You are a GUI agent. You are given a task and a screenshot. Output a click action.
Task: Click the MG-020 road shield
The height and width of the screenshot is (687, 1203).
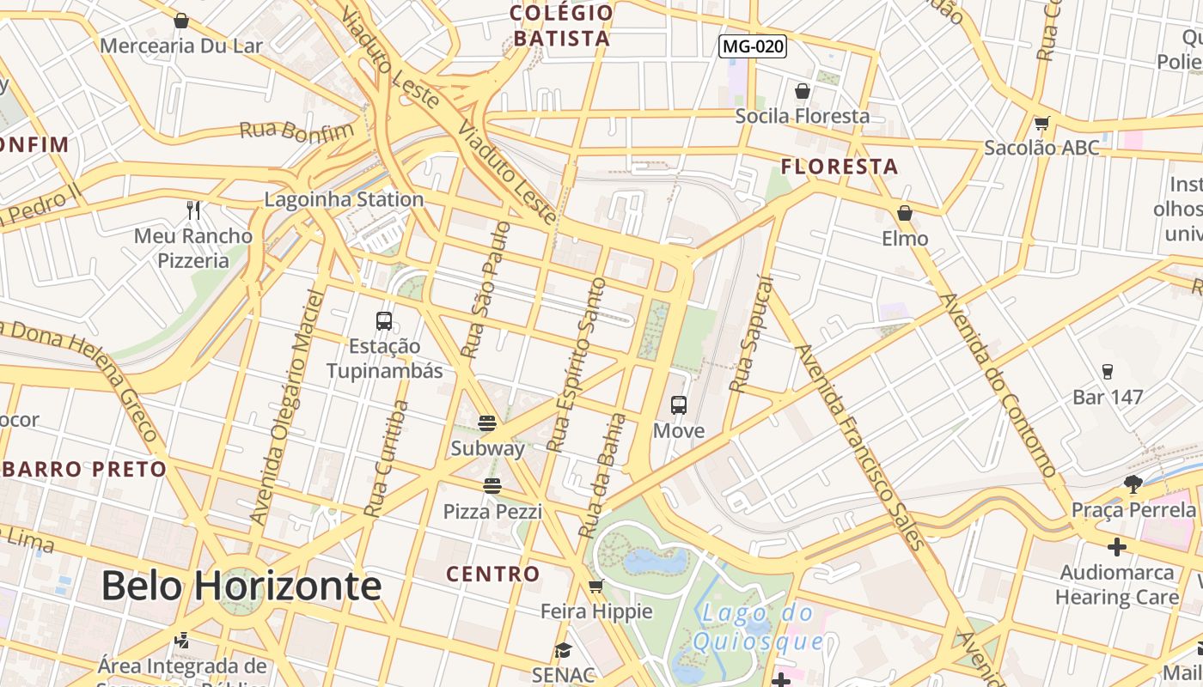click(x=753, y=46)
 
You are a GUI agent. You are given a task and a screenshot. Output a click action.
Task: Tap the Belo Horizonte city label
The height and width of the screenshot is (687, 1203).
click(x=241, y=586)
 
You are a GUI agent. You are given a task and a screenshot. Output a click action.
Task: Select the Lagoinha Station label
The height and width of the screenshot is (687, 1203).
click(x=344, y=199)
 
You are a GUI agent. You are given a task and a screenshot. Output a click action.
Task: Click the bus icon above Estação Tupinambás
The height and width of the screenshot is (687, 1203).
click(x=384, y=321)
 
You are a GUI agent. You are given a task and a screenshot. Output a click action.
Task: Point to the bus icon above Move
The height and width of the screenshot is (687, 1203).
click(x=679, y=404)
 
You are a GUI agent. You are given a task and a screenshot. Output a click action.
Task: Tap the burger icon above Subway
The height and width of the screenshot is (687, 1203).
click(x=487, y=423)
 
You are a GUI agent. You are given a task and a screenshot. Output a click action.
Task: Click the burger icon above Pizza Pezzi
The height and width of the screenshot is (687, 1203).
click(x=492, y=486)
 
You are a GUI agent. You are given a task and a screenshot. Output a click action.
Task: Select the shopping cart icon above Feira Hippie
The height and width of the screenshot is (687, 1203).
click(x=596, y=587)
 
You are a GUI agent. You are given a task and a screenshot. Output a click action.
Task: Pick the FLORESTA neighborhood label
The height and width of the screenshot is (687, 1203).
click(x=840, y=167)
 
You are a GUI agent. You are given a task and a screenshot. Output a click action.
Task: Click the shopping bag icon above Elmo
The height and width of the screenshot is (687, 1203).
click(x=905, y=213)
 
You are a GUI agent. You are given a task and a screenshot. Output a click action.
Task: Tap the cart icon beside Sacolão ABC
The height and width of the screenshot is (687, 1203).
click(x=1042, y=124)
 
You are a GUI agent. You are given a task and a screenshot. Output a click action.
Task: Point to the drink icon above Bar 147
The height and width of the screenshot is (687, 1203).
click(x=1107, y=372)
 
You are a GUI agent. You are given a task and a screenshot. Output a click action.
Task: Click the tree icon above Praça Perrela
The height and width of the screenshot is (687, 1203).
click(x=1133, y=484)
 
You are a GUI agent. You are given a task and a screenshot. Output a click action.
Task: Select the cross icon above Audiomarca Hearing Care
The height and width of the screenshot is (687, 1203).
click(x=1116, y=546)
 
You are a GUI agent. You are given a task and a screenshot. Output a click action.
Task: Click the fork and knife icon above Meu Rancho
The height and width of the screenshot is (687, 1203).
click(x=193, y=210)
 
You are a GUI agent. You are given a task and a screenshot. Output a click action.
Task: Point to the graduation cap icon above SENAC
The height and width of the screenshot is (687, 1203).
click(x=563, y=650)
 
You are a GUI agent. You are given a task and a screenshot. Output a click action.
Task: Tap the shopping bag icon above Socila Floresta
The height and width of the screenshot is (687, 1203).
click(x=803, y=90)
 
